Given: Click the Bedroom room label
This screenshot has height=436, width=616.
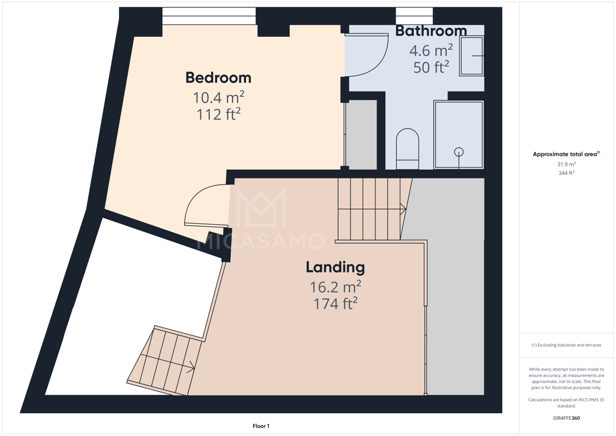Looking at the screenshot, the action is (x=218, y=77).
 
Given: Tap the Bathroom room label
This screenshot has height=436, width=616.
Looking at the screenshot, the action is (x=431, y=31).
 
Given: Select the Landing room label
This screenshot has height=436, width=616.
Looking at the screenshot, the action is (x=335, y=268).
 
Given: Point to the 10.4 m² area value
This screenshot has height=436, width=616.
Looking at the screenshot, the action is (x=218, y=97).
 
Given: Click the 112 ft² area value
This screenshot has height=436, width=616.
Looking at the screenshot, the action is (x=218, y=115).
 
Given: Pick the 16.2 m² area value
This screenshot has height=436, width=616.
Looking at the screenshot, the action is (x=335, y=287).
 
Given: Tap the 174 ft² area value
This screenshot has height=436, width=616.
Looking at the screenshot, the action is (x=335, y=304).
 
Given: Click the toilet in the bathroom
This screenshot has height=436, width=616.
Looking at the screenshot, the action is (x=407, y=149).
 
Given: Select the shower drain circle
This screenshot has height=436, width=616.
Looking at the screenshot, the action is (x=458, y=152).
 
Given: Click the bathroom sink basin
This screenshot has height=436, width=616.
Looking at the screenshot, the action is (x=471, y=56).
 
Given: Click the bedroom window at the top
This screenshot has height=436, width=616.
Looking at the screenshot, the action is (x=209, y=16).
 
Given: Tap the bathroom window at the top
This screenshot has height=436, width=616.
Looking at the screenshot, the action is (x=415, y=16).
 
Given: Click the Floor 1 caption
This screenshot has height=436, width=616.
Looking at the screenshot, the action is (x=261, y=426).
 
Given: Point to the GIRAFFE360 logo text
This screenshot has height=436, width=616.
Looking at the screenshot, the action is (x=566, y=418).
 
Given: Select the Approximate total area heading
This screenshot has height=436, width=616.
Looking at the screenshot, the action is (x=566, y=154).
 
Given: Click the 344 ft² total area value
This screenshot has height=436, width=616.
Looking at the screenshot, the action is (x=566, y=173).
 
